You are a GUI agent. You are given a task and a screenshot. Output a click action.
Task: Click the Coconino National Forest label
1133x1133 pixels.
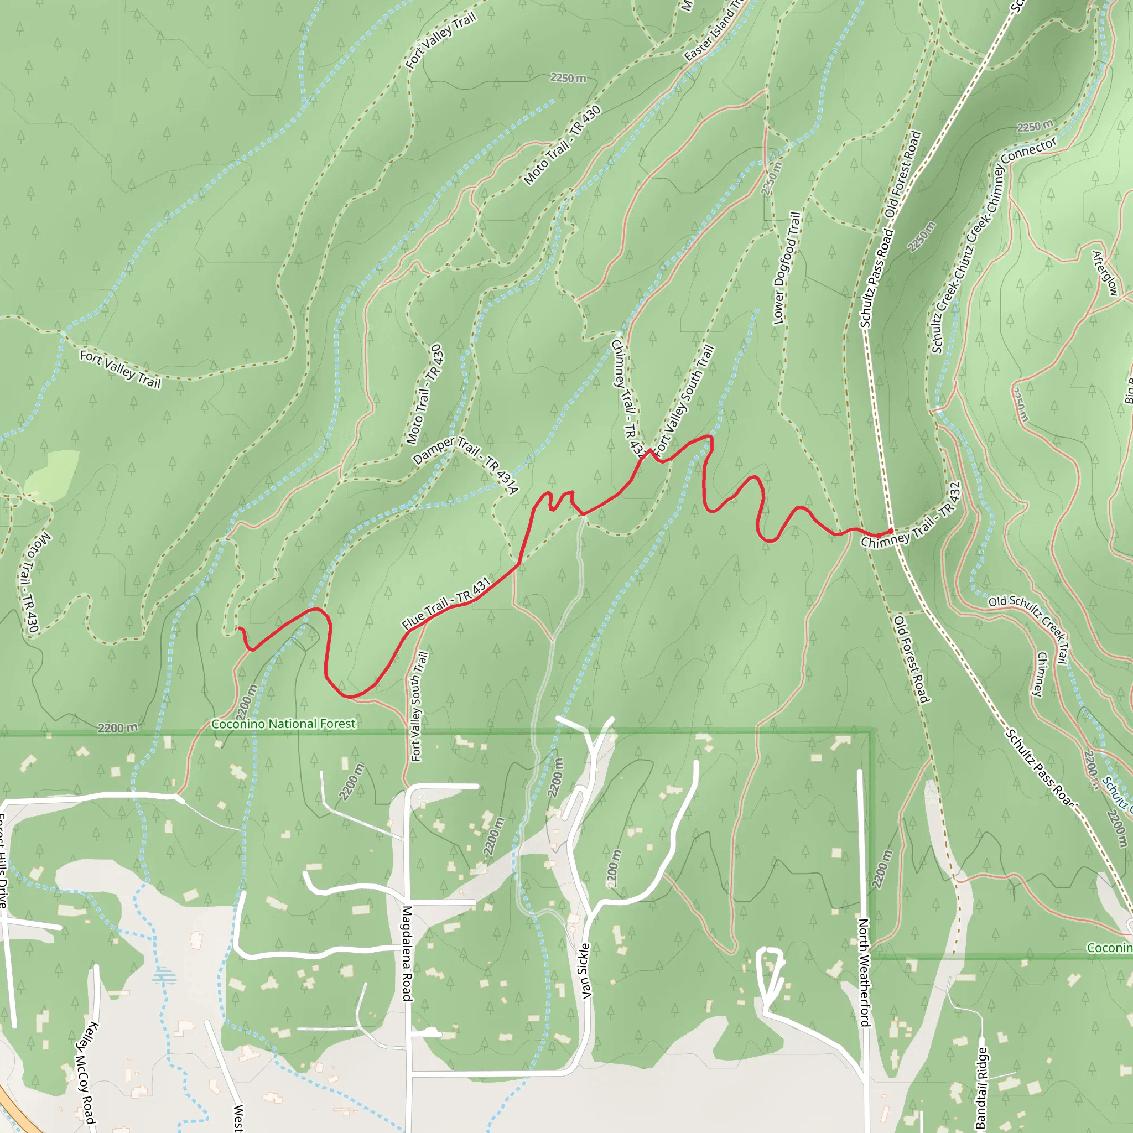tap(283, 724)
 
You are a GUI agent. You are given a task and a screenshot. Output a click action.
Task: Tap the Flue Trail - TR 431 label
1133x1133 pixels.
tap(446, 604)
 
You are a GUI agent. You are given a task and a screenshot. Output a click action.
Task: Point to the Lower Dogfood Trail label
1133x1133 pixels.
tap(787, 268)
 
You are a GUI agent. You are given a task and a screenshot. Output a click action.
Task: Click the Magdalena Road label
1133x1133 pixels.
tap(407, 953)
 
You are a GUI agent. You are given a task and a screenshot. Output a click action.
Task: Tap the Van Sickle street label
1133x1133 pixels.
tap(585, 970)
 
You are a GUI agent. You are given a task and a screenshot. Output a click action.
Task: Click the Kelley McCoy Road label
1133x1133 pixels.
tap(86, 1073)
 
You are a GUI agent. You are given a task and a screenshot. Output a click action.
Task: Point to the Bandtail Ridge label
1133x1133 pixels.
tap(981, 1088)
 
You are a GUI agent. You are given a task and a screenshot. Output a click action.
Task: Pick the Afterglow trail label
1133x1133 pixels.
tap(1104, 273)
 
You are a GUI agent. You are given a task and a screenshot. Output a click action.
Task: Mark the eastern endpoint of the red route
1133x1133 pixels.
tap(891, 531)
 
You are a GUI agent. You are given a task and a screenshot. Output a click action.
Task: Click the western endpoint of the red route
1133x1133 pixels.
tap(238, 628)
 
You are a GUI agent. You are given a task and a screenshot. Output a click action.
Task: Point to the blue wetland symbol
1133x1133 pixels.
tap(164, 976)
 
